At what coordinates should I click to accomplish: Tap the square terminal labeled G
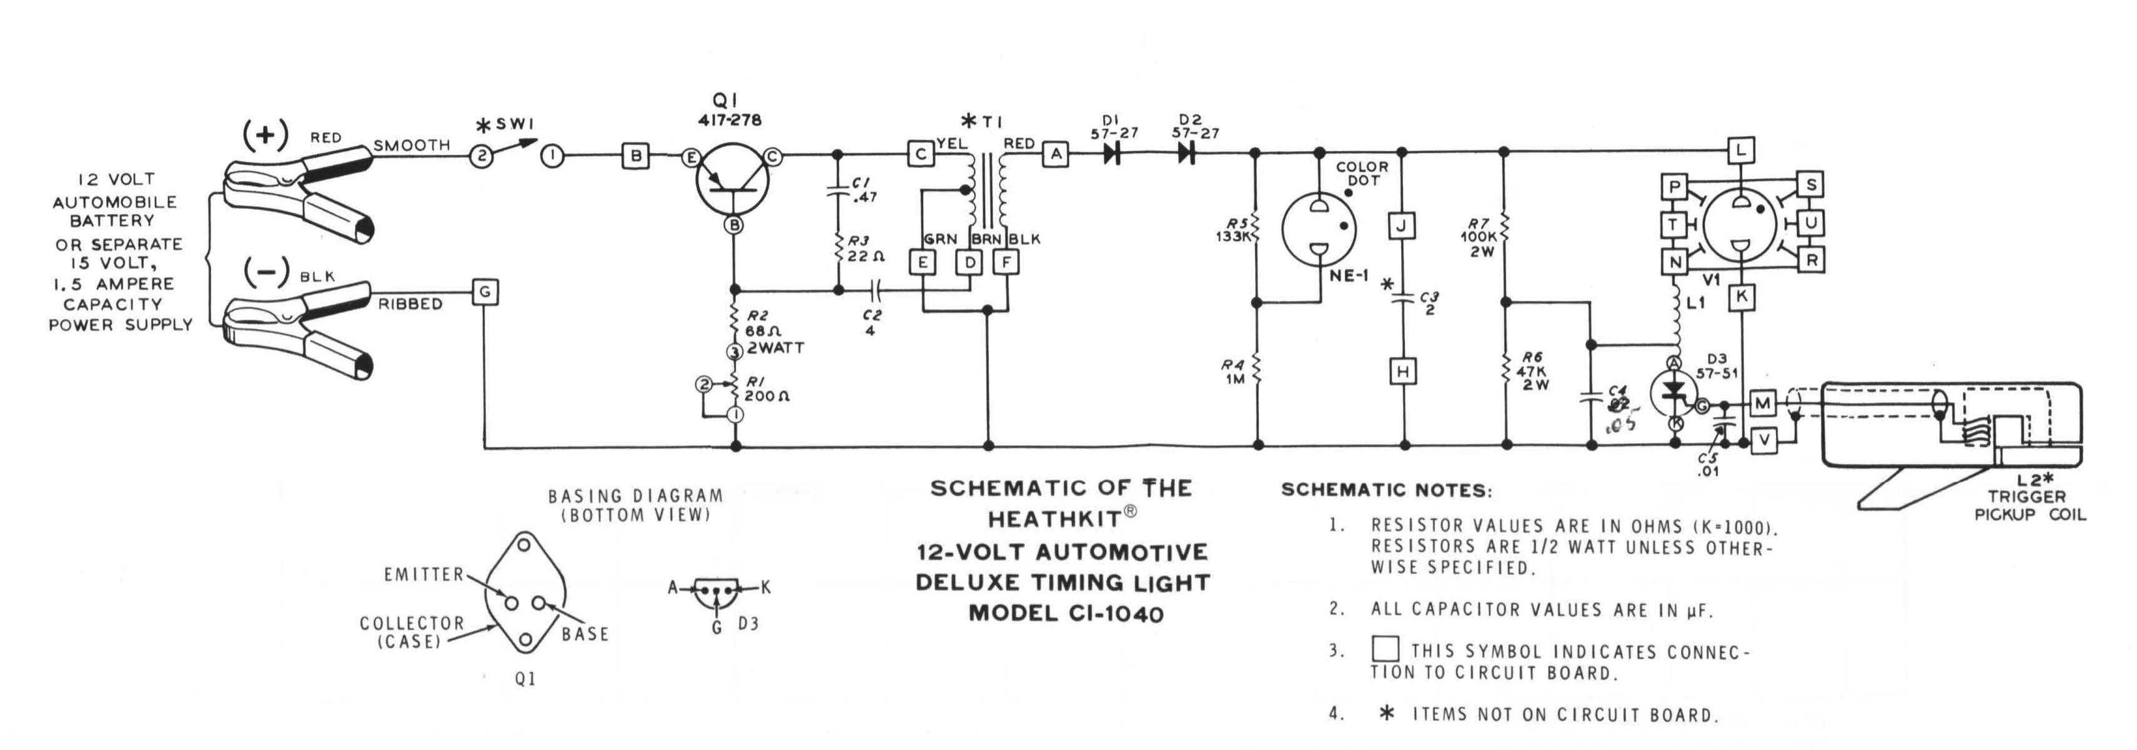pos(485,292)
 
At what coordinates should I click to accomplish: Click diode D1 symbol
pos(1113,154)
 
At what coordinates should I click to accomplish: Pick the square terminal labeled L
pos(1740,150)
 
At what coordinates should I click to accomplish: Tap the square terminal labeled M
pos(1762,404)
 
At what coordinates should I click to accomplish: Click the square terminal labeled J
pos(1402,225)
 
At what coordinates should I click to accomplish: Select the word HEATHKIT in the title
pos(1054,520)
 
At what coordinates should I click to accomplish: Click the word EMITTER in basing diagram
pos(423,574)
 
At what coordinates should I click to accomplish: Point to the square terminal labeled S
pos(1810,184)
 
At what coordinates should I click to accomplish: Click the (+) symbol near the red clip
pos(265,134)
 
